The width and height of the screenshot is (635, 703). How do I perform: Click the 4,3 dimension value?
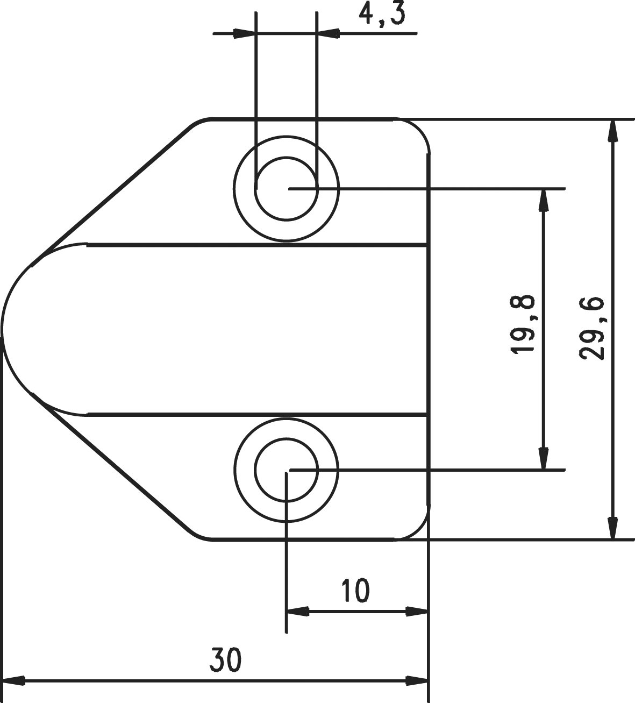pos(382,14)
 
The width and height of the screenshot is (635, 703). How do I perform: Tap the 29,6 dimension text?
pos(592,329)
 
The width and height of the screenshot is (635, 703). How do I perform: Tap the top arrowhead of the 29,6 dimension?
pos(612,130)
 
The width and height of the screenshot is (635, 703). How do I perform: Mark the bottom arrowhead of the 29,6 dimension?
pos(612,537)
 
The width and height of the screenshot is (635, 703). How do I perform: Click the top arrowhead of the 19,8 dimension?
pos(543,200)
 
